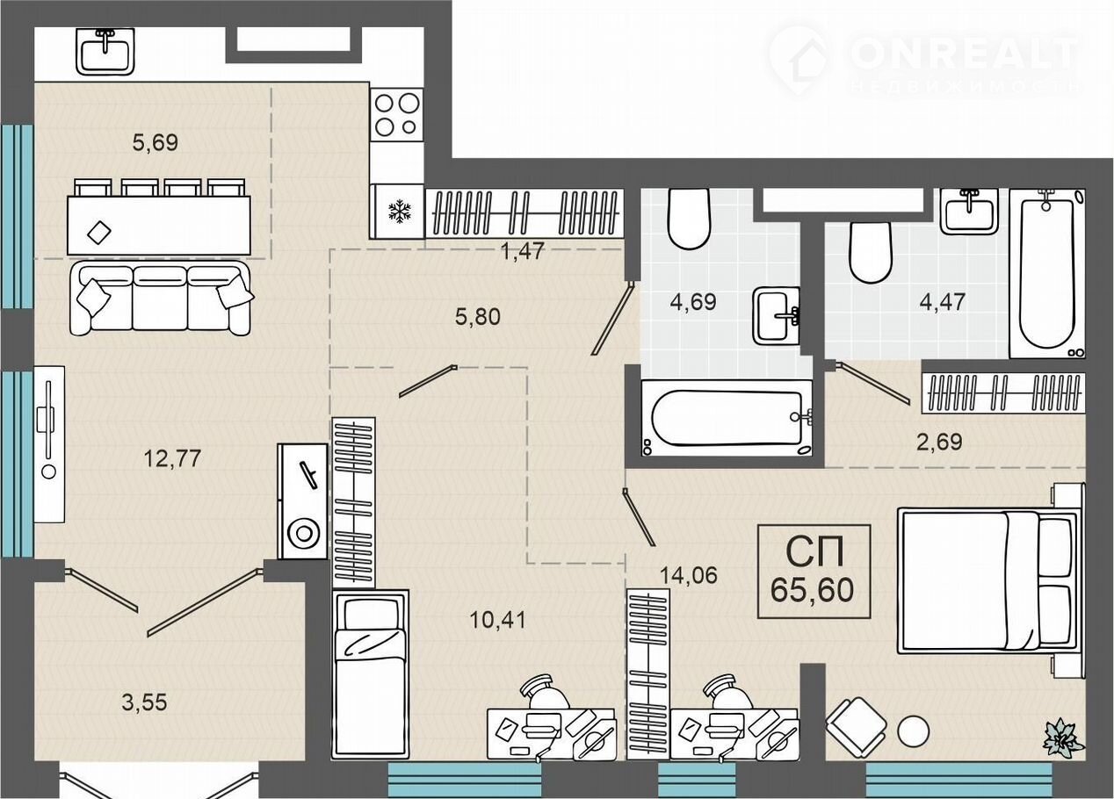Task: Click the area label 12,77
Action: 172,458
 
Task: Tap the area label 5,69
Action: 156,143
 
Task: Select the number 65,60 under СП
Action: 812,590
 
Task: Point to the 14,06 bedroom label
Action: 688,575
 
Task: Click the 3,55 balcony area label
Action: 144,702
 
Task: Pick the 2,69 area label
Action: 939,442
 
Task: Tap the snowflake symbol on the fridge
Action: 400,211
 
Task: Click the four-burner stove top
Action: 396,115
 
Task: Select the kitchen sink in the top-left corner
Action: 105,51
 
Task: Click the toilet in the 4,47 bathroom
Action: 870,252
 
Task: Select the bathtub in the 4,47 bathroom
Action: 1047,273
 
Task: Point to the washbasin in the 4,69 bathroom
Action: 776,315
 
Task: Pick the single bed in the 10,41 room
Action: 371,674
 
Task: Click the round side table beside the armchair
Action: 913,731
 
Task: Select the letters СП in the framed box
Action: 814,552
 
